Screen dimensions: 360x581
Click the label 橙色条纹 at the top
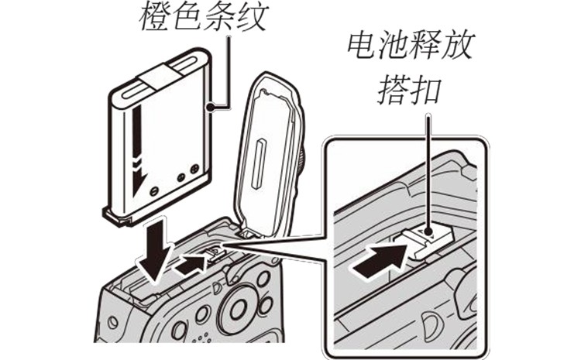click(x=203, y=17)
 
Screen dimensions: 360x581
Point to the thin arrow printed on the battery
click(x=138, y=155)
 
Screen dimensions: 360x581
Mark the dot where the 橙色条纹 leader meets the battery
click(x=209, y=105)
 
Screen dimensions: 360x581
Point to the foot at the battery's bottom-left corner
click(x=114, y=218)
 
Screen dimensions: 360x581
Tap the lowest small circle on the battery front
click(x=153, y=190)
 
